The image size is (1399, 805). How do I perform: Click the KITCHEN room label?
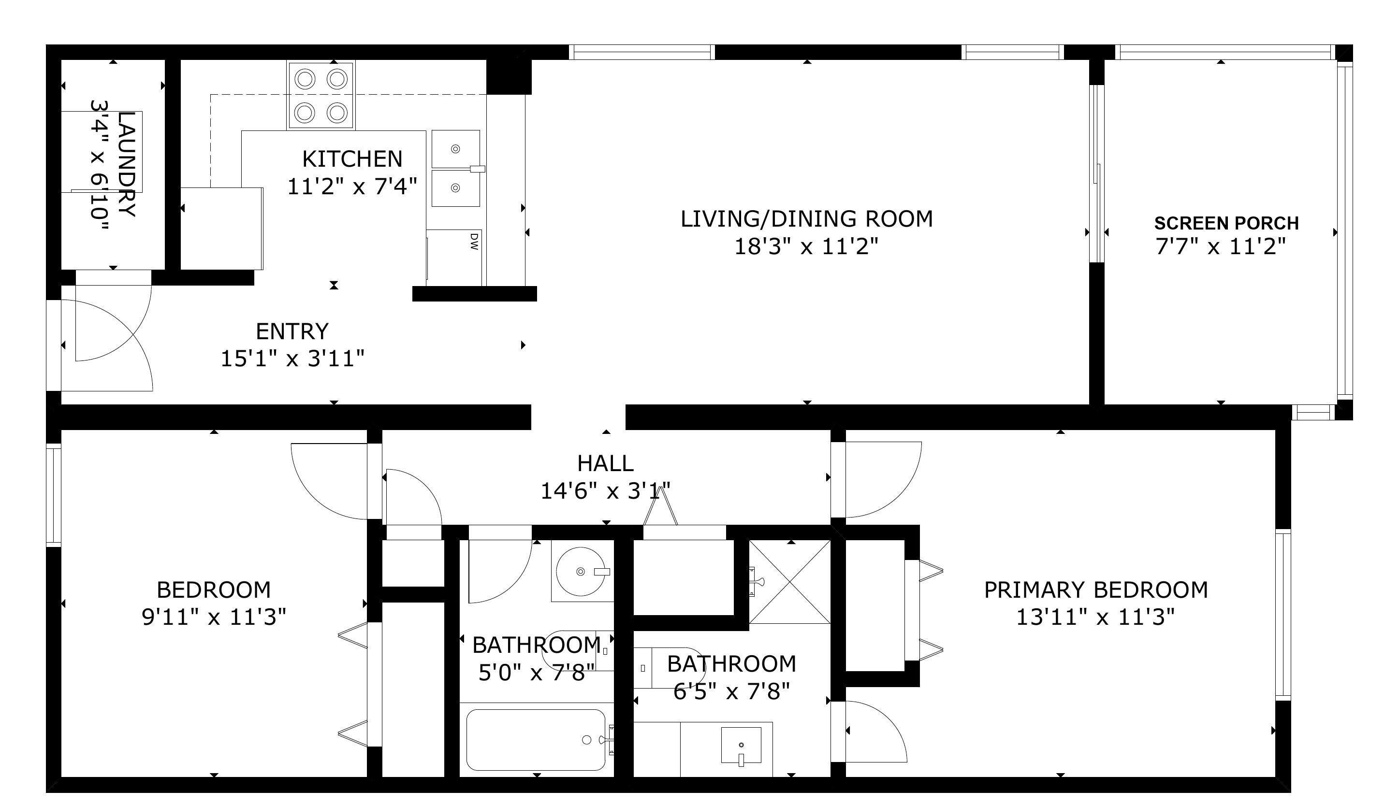point(352,159)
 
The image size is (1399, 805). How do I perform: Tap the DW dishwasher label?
point(474,242)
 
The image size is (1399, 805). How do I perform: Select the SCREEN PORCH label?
point(1226,223)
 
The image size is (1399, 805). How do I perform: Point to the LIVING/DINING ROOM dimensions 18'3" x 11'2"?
point(806,246)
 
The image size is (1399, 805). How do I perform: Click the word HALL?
point(606,463)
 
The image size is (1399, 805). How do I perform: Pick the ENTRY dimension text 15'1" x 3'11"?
point(292,359)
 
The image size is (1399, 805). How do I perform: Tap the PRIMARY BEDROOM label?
point(1095,590)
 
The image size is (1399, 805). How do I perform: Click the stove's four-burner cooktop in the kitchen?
point(321,95)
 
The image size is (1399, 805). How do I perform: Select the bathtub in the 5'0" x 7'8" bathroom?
point(536,740)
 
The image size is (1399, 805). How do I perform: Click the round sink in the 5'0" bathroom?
point(580,571)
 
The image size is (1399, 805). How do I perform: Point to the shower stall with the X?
point(789,582)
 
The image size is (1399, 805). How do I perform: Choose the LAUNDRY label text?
point(127,165)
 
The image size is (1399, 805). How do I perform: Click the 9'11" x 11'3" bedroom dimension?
point(214,617)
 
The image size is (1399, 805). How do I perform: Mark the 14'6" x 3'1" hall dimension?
point(606,491)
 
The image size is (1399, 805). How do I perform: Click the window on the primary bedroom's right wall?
point(1283,615)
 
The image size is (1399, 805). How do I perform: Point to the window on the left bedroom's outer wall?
point(54,495)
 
